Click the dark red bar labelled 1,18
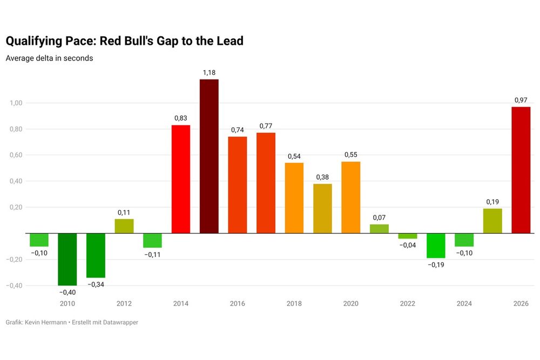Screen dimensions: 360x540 pyautogui.click(x=209, y=156)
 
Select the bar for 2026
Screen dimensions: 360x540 pyautogui.click(x=521, y=170)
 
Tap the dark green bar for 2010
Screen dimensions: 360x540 pyautogui.click(x=67, y=259)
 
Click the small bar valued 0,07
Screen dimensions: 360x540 pyautogui.click(x=379, y=229)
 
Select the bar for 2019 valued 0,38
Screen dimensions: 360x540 pyautogui.click(x=322, y=208)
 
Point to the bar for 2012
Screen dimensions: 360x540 pyautogui.click(x=124, y=226)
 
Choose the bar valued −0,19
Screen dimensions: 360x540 pyautogui.click(x=436, y=246)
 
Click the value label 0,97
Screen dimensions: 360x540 pyautogui.click(x=521, y=100)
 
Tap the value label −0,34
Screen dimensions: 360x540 pyautogui.click(x=96, y=284)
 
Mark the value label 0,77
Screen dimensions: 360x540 pyautogui.click(x=266, y=126)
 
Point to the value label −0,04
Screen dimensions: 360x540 pyautogui.click(x=408, y=246)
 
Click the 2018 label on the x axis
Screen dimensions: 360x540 pyautogui.click(x=294, y=304)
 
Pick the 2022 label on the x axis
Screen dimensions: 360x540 pyautogui.click(x=408, y=304)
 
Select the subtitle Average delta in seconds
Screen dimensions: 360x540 pyautogui.click(x=49, y=58)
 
